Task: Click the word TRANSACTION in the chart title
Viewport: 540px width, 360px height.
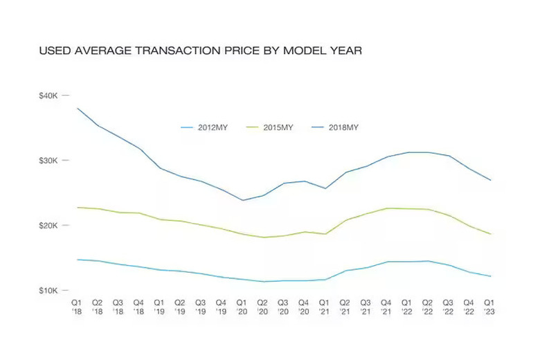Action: [x=178, y=51]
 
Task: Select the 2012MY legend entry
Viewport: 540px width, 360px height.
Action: [x=204, y=127]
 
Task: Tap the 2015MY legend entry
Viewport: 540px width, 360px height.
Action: [x=270, y=127]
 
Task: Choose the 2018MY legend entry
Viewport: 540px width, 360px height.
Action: [x=335, y=127]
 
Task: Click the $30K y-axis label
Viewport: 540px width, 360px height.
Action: [x=48, y=161]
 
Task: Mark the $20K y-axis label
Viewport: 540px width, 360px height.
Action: [x=48, y=226]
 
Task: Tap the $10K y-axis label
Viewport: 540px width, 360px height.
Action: [x=48, y=291]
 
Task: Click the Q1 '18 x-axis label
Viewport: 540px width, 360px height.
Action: [x=77, y=307]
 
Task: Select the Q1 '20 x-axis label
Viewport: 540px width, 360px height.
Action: [x=242, y=307]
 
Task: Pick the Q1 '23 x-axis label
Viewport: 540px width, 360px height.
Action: [x=489, y=307]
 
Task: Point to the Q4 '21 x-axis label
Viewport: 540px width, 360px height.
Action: [x=386, y=307]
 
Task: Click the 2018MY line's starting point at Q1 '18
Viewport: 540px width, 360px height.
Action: [x=77, y=108]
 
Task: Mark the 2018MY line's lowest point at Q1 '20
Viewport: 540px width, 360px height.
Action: [x=242, y=200]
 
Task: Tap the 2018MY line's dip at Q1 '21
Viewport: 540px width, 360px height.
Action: [x=325, y=188]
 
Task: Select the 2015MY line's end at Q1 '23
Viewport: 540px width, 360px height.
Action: [x=490, y=234]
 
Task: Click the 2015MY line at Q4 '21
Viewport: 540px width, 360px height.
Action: [x=387, y=208]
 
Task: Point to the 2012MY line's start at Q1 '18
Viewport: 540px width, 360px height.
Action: [x=77, y=260]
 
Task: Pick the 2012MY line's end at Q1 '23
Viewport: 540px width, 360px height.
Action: [x=490, y=276]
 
